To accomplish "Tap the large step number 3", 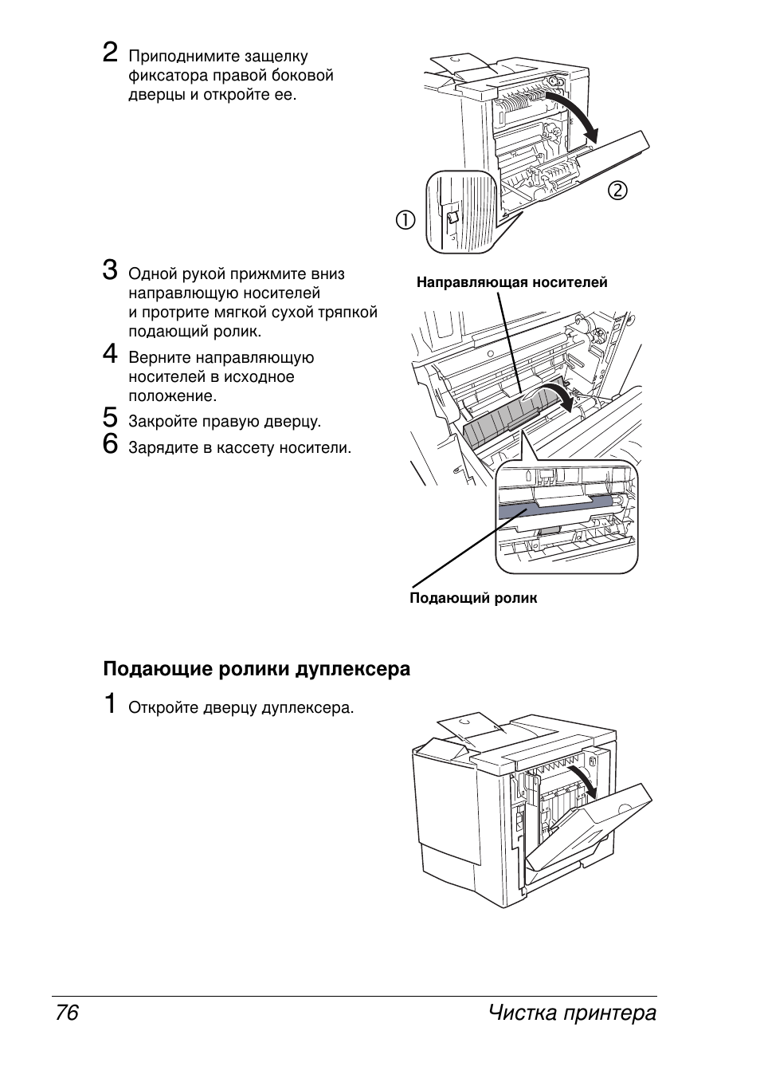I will click(x=111, y=270).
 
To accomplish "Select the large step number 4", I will click(x=111, y=354).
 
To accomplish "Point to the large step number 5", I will click(x=111, y=418).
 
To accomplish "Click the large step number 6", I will click(x=111, y=443).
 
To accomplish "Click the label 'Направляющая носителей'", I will click(x=511, y=282).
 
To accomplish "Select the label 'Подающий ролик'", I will click(x=473, y=598).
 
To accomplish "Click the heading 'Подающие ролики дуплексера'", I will click(x=257, y=669).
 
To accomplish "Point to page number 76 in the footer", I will click(x=67, y=1013).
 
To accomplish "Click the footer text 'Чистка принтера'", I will click(x=572, y=1013).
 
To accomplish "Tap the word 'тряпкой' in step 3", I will click(x=350, y=312).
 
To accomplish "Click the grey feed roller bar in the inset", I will click(x=558, y=508).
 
